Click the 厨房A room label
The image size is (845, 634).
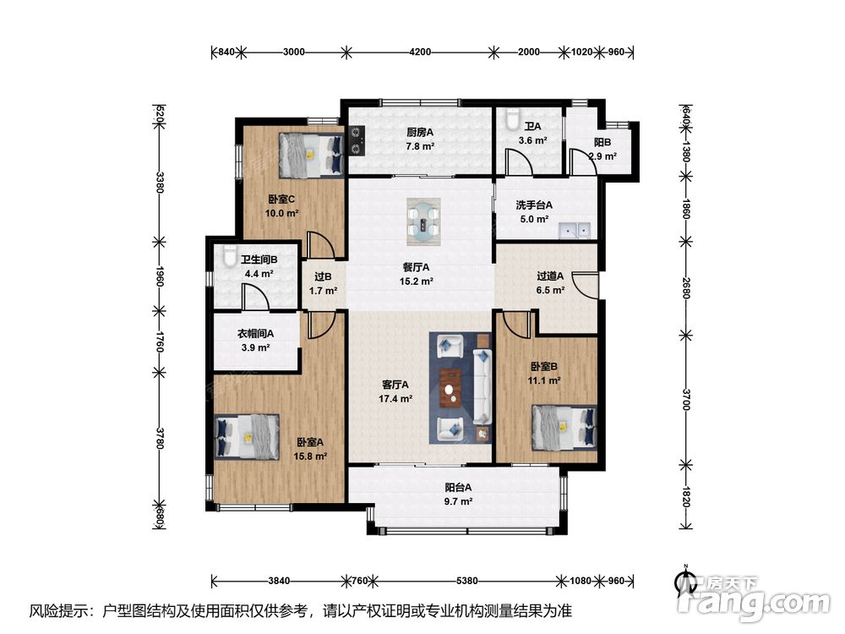tap(420, 132)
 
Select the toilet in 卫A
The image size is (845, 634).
tap(512, 118)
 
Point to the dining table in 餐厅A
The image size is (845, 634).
tap(423, 221)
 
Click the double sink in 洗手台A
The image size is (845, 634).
tap(575, 230)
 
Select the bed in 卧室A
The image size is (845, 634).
tap(247, 437)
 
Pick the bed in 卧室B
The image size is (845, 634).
tap(564, 428)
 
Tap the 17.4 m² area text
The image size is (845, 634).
tap(395, 399)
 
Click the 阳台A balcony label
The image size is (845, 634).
tap(458, 488)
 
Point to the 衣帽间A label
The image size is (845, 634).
tap(256, 334)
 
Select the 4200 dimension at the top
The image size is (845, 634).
tap(420, 52)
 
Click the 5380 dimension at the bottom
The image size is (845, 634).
tap(466, 581)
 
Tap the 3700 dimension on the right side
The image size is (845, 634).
tap(685, 399)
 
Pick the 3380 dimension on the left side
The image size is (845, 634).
tap(159, 182)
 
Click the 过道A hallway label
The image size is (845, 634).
tap(550, 276)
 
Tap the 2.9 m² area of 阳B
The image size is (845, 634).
tap(602, 156)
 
